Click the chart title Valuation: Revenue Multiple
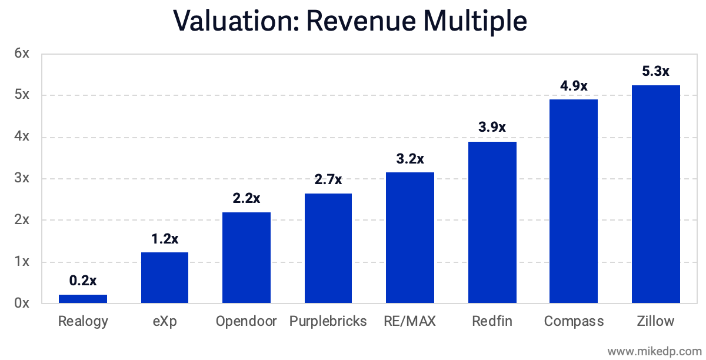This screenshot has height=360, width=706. coord(351,21)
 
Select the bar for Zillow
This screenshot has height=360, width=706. coord(655,194)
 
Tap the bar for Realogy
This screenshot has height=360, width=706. coord(83,299)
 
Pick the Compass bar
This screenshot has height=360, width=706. coord(574,201)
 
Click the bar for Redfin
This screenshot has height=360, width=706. coord(492,222)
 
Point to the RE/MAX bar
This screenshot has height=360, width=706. coord(410,238)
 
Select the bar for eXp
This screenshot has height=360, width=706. coord(165,278)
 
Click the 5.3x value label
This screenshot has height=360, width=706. coord(655,72)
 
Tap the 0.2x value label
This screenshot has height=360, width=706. coord(83,281)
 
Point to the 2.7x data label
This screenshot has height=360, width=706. coord(328,179)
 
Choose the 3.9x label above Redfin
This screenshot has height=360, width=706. coord(492,128)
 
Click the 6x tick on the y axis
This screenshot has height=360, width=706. coord(22,54)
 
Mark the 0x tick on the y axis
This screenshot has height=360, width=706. coord(22,303)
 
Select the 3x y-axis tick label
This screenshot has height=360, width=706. coord(22,178)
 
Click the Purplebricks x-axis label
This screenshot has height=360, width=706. coord(328,321)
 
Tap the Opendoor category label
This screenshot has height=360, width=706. coord(246,321)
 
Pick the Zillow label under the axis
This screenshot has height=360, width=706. coord(655,321)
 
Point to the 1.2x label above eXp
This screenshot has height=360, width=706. coord(165,239)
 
